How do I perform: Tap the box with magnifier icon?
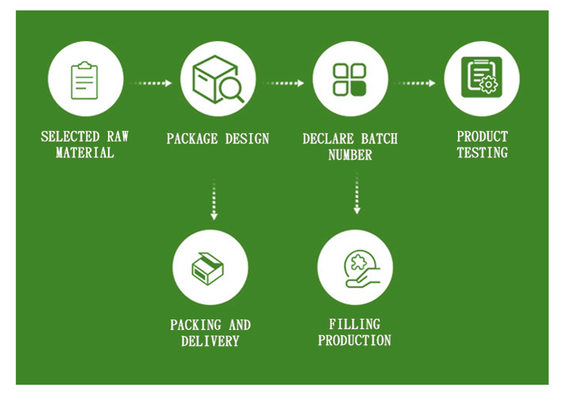218,79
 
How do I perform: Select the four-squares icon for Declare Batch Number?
350,79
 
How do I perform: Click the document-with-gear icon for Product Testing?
482,79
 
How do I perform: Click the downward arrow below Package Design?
214,199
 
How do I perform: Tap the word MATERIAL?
85,153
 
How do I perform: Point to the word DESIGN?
245,139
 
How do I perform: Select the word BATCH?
378,139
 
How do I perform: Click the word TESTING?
482,153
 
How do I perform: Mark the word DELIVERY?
210,341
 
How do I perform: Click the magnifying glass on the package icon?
230,90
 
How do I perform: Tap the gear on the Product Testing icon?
489,85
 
